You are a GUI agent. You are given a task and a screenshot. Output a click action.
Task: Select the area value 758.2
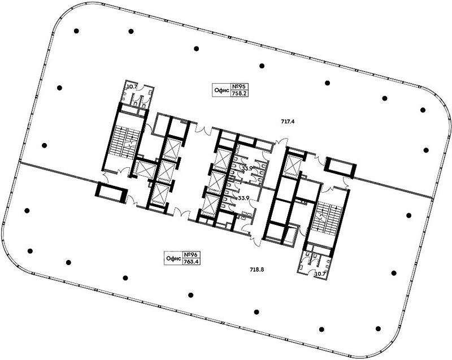tap(240, 93)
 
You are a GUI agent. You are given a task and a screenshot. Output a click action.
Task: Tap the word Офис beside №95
tap(221, 90)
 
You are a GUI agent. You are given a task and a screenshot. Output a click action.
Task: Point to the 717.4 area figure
tap(288, 122)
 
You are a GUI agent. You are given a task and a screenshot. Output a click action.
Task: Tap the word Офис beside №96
tap(173, 258)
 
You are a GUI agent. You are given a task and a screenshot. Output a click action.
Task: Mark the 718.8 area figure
tap(257, 270)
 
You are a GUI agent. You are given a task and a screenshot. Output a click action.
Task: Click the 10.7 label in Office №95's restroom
tap(132, 86)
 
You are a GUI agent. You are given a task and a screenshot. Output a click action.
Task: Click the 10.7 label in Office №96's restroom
tap(320, 274)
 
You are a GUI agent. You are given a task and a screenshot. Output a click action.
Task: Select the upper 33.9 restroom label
tap(247, 168)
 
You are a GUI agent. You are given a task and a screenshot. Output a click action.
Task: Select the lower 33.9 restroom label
tap(244, 198)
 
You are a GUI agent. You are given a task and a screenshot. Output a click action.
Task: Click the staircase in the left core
tap(125, 143)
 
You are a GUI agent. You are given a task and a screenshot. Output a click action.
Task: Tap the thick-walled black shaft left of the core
tap(111, 193)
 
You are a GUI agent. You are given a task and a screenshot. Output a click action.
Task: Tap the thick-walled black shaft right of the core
tap(341, 167)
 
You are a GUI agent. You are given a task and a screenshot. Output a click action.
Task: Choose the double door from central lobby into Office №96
tap(181, 214)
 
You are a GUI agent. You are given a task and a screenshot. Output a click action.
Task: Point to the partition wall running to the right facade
tap(393, 188)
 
